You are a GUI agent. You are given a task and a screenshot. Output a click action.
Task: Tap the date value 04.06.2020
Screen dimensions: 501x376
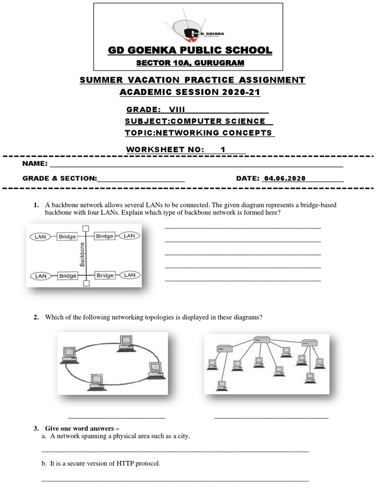tap(284, 179)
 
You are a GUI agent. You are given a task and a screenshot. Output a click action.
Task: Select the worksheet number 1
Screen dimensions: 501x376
tap(223, 150)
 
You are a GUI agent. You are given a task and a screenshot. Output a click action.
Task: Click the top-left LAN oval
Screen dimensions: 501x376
tap(41, 236)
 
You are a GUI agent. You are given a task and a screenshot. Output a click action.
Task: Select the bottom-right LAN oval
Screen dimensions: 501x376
tap(130, 275)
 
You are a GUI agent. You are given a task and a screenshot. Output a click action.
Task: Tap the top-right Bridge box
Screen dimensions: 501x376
tap(105, 236)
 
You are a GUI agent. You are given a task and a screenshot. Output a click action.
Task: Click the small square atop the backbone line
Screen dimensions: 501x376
tap(86, 228)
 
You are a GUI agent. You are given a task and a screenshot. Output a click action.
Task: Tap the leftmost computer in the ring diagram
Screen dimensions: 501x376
tap(68, 354)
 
